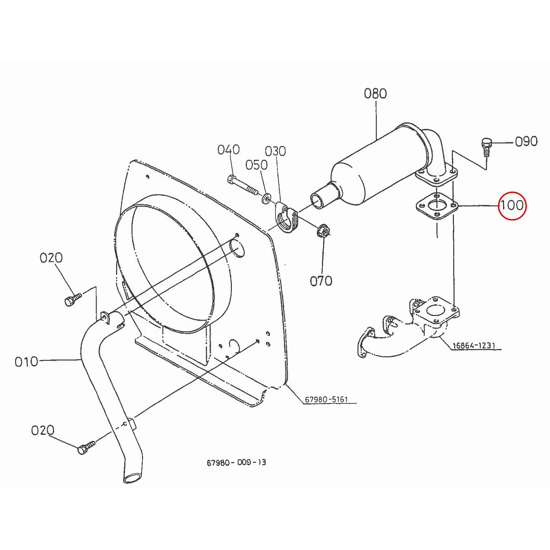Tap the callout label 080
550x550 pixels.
click(375, 93)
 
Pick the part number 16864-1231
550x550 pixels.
click(473, 346)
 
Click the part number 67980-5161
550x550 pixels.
click(326, 400)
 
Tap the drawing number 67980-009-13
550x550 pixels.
click(236, 462)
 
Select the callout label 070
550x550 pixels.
click(321, 280)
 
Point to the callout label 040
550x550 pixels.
click(228, 149)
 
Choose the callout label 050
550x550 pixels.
click(257, 165)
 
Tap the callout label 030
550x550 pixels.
click(275, 151)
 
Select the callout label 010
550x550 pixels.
click(26, 362)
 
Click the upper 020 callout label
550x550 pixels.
click(51, 258)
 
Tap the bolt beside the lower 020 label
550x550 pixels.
click(86, 447)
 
